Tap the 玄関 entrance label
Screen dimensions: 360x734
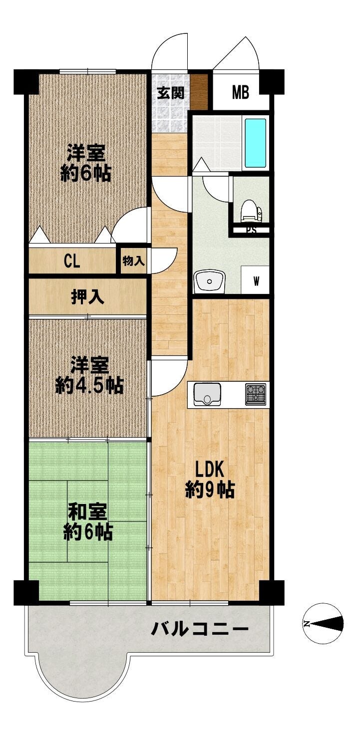pos(170,93)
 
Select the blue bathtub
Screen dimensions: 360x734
pos(256,143)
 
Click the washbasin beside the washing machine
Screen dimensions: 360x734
pos(209,281)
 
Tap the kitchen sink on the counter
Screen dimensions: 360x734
pos(207,395)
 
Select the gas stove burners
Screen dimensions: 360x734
pos(256,394)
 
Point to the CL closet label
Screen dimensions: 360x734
pos(72,261)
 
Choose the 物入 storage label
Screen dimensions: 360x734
pos(133,261)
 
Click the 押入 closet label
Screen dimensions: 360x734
pos(88,297)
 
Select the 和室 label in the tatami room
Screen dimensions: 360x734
pos(87,513)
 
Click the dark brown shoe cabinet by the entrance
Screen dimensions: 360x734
pos(199,92)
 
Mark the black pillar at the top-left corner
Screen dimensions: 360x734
pos(26,82)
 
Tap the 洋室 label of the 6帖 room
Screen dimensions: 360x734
pos(86,153)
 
